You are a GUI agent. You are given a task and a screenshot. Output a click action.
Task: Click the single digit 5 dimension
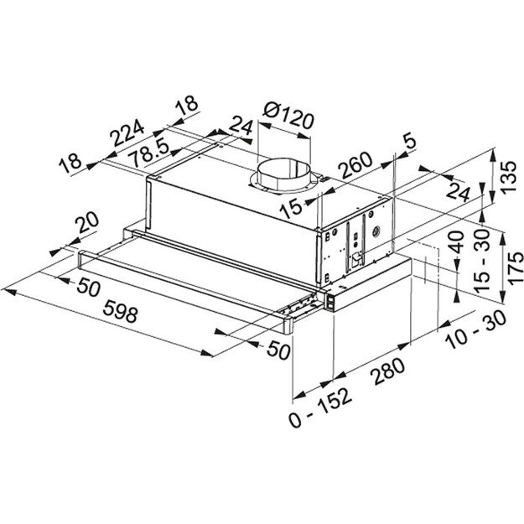[x=408, y=144]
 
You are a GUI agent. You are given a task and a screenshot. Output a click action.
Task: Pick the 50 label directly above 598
[x=87, y=289]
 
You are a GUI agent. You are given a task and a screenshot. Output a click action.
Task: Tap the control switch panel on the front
[x=340, y=297]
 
